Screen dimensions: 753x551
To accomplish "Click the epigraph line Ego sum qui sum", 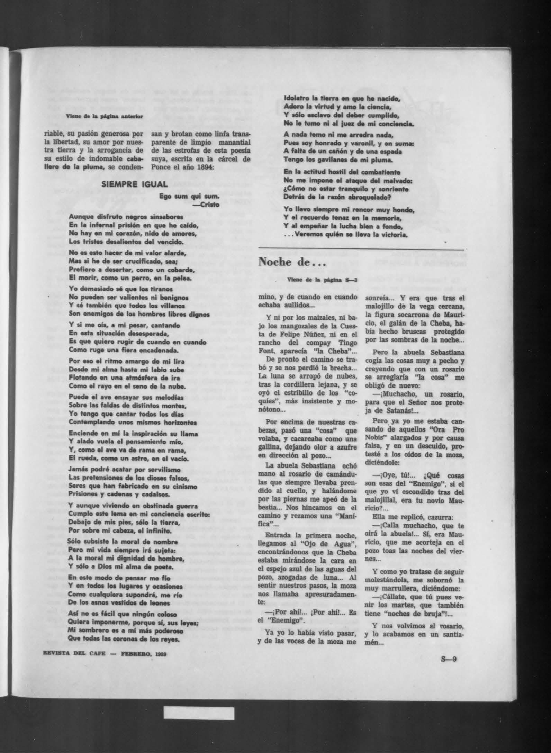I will tap(190, 197).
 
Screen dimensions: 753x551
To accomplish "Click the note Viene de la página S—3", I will tap(322, 280).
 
